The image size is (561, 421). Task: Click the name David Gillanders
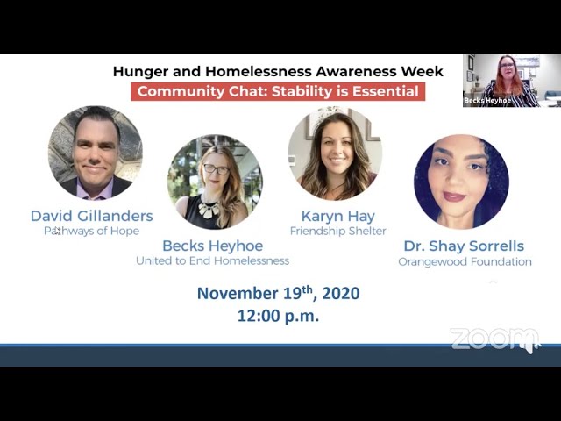(91, 216)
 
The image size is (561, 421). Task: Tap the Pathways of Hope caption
(91, 231)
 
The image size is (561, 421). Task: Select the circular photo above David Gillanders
(96, 153)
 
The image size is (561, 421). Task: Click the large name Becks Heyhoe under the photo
(213, 246)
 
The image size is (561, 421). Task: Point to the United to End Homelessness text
(212, 260)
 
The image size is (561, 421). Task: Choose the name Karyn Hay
(338, 217)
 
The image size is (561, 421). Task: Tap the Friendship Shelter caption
(338, 231)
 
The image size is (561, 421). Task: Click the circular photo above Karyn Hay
(335, 153)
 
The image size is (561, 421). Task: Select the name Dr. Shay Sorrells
(464, 246)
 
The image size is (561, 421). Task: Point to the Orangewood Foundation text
(465, 261)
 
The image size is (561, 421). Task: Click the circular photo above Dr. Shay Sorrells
(461, 182)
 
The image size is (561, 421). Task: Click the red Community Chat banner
(278, 91)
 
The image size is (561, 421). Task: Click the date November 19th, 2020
(279, 293)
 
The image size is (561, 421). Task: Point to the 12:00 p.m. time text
(279, 316)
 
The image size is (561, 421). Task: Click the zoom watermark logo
(495, 339)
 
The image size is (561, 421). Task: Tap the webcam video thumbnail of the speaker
(512, 81)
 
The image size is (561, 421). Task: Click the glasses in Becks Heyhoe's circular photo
(217, 169)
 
